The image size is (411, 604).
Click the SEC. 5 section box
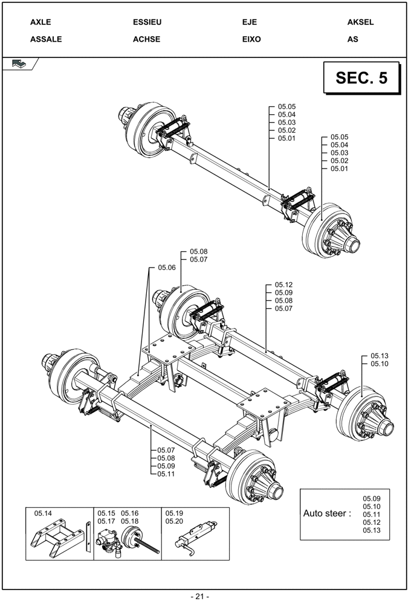pos(361,78)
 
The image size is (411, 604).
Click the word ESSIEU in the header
pos(147,22)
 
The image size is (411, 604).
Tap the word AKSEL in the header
pos(360,22)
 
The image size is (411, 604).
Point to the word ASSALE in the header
pos(46,39)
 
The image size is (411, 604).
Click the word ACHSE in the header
pos(146,39)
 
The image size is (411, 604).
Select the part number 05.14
pos(44,513)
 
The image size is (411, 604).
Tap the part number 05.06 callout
pos(167,268)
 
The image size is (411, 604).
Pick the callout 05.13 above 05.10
pos(380,356)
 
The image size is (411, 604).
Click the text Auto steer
pos(326,513)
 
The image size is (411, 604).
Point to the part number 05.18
pos(129,521)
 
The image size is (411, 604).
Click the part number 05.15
pos(106,513)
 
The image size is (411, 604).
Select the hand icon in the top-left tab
pos(19,63)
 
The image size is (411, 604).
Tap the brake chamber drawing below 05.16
pos(131,539)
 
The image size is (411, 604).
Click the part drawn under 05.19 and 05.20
pos(196,536)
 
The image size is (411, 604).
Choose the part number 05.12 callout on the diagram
pos(283,284)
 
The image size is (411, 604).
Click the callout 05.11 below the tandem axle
pos(166,474)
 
